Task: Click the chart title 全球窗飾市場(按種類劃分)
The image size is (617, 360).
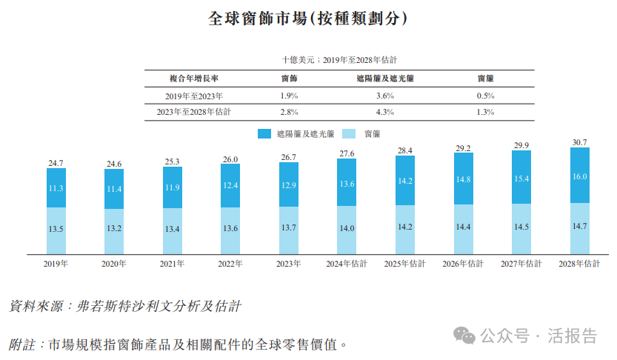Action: pos(307,19)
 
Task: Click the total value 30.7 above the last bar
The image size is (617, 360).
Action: pos(580,141)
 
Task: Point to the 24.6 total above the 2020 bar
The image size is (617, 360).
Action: pos(114,164)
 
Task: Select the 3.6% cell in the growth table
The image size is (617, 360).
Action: pos(385,96)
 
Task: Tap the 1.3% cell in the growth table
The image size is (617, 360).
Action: pos(486,112)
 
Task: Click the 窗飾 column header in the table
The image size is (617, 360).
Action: pos(290,79)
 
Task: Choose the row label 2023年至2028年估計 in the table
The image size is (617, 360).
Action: pos(194,112)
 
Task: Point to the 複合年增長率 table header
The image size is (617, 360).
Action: pos(194,79)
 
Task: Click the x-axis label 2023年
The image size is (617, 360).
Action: pos(289,264)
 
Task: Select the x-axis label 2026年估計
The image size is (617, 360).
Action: pos(463,264)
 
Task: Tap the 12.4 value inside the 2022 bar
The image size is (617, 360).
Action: pos(230,184)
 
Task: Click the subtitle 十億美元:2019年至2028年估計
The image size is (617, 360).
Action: pos(341,59)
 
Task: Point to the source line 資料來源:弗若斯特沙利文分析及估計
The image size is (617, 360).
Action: pos(126,305)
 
